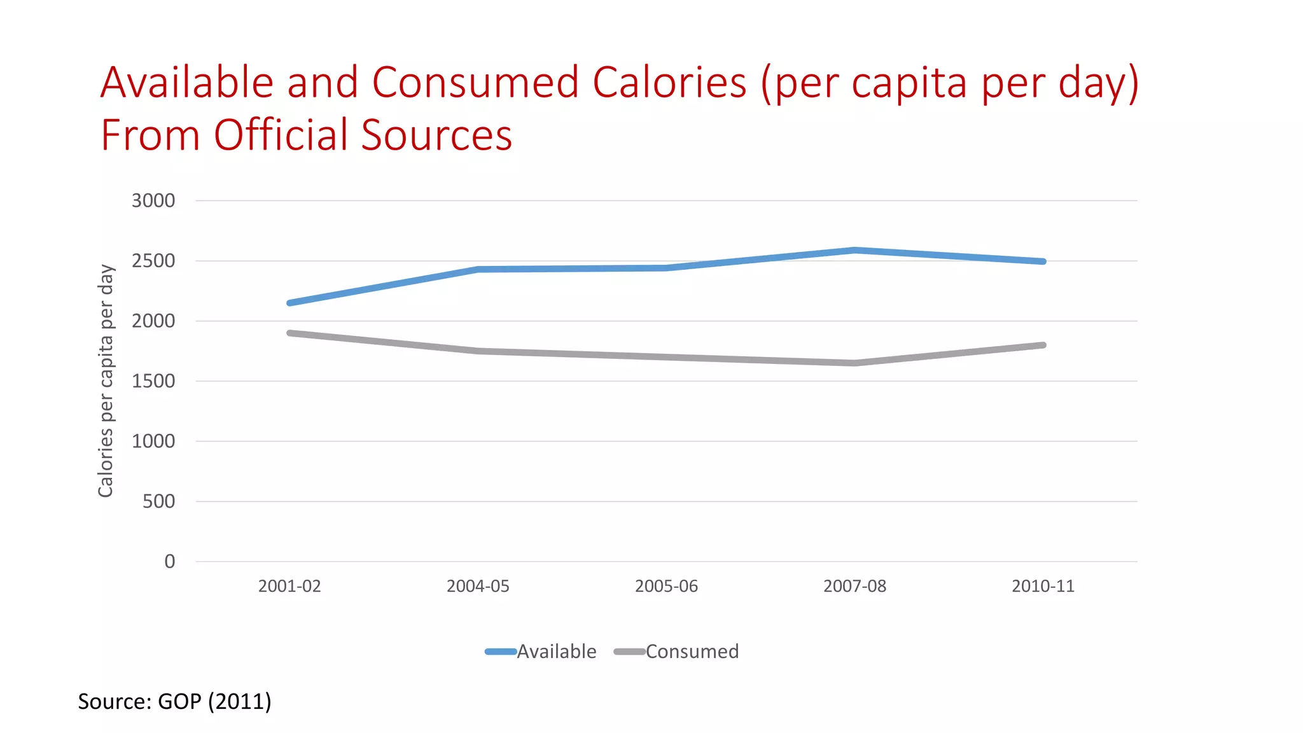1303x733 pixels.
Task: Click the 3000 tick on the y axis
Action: [153, 200]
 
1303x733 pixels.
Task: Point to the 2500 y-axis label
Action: [153, 261]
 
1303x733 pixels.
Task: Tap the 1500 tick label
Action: [153, 381]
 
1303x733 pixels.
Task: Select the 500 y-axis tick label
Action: [158, 501]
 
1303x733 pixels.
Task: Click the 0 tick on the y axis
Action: [169, 561]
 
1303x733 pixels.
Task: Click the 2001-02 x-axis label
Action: [289, 586]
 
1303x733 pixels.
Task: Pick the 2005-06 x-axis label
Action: [666, 586]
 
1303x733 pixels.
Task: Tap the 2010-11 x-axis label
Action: [1043, 586]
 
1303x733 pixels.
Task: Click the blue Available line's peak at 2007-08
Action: [854, 250]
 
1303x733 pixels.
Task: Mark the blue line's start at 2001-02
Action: [290, 303]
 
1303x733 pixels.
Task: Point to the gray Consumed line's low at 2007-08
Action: [854, 363]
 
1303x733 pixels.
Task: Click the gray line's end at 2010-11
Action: [1042, 346]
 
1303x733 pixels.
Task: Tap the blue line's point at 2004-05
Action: [478, 269]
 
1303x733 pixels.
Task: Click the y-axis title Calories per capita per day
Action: [106, 380]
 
